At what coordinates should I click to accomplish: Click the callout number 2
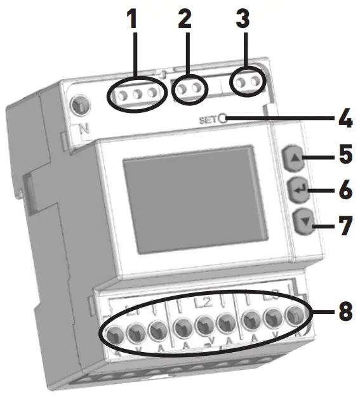click(184, 20)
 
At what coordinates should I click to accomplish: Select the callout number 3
click(242, 20)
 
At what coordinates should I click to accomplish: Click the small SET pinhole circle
click(223, 118)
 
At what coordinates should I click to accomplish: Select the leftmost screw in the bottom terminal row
click(115, 333)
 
